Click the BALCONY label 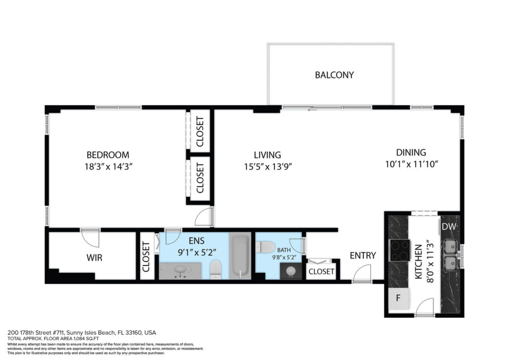(334, 75)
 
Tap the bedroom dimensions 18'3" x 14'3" (108, 167)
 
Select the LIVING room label (267, 155)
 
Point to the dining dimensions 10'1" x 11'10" (411, 164)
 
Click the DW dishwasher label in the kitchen (449, 227)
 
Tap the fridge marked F (399, 298)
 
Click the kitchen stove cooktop (399, 250)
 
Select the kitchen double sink (450, 255)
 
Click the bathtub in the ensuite (240, 255)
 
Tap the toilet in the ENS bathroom (216, 270)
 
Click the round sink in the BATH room (291, 270)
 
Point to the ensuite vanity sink (180, 270)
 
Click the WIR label (94, 258)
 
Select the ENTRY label (362, 256)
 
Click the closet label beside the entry (321, 271)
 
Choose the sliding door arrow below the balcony (312, 110)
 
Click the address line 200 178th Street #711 (36, 333)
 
